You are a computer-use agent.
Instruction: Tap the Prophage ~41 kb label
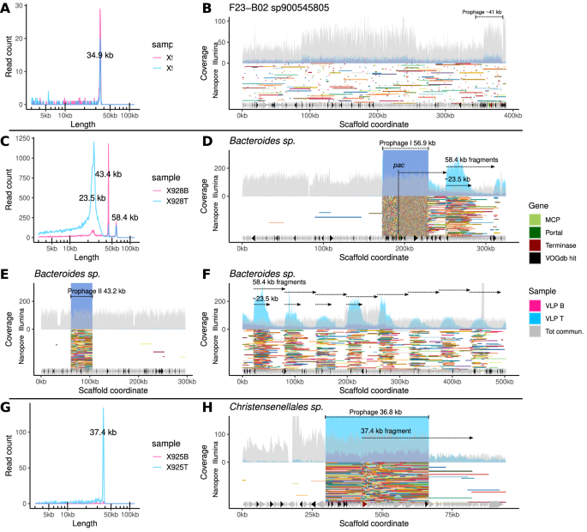(481, 13)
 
